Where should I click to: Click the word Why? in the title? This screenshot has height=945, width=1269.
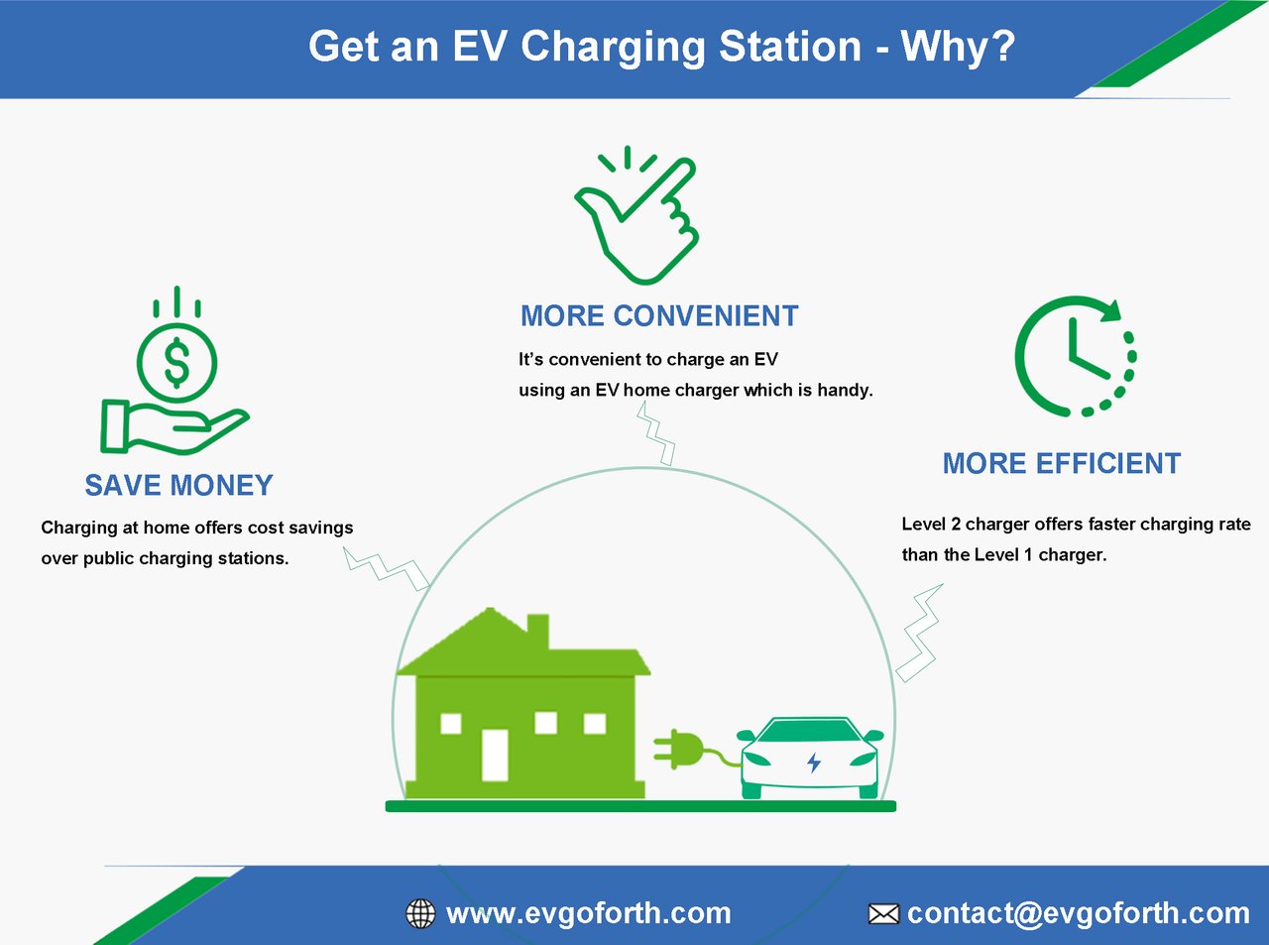[x=959, y=47]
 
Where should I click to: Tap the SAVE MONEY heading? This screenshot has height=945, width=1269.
[x=178, y=485]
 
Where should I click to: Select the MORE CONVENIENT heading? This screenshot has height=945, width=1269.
[x=659, y=316]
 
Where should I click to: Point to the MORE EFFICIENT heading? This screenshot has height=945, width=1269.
[x=1062, y=463]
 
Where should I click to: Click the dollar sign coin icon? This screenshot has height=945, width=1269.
[x=176, y=362]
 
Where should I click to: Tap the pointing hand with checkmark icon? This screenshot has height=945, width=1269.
[x=636, y=215]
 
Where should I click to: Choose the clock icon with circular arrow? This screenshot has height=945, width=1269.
[x=1075, y=356]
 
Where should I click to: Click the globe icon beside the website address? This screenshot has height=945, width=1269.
[x=420, y=913]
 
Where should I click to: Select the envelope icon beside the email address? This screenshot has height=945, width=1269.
[x=883, y=914]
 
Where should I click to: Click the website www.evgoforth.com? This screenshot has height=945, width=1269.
[x=588, y=913]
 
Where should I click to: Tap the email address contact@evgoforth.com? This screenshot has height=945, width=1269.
[x=1079, y=913]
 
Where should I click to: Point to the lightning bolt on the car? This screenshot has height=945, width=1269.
[x=814, y=763]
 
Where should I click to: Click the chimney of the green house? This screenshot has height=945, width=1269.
[x=537, y=632]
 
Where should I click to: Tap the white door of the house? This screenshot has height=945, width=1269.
[x=495, y=755]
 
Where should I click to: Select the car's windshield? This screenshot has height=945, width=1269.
[x=810, y=731]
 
